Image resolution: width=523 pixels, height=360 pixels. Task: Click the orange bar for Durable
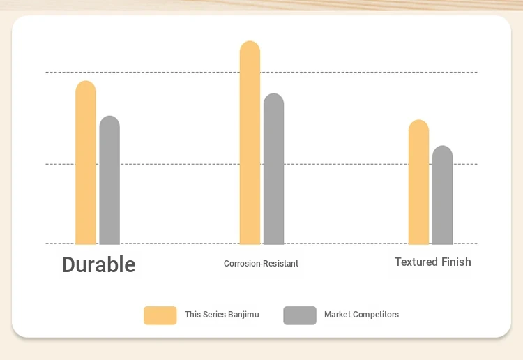click(86, 163)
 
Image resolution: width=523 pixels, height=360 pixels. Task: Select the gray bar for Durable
click(109, 180)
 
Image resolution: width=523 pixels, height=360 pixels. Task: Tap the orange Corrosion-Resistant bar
click(250, 143)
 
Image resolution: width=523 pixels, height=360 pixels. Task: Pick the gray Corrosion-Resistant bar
click(273, 169)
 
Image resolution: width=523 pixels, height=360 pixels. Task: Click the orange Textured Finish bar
click(418, 182)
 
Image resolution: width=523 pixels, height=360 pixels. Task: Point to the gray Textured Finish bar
click(443, 195)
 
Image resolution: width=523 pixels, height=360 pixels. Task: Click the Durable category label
click(99, 264)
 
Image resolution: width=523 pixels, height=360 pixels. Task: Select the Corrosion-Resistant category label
click(261, 264)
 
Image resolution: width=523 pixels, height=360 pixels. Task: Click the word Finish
click(456, 262)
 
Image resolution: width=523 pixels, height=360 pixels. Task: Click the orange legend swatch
click(160, 315)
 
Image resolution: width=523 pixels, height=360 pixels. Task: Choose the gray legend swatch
click(300, 315)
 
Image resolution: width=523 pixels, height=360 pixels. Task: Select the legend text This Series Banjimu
click(222, 315)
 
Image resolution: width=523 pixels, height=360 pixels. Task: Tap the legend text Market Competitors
click(361, 315)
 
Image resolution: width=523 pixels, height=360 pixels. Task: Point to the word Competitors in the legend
click(376, 315)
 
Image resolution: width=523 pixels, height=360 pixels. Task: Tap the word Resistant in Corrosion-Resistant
click(281, 264)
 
